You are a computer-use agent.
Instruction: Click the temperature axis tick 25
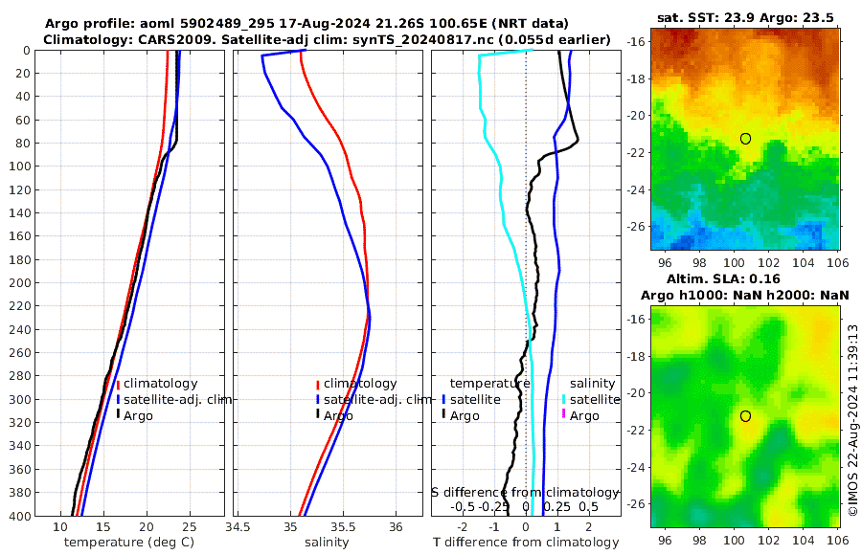(189, 527)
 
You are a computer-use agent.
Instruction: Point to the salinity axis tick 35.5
(343, 527)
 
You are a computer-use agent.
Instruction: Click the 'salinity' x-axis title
(327, 543)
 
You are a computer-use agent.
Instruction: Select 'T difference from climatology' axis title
(527, 543)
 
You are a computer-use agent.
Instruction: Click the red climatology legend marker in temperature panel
(118, 384)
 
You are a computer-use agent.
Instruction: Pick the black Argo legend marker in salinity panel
(317, 415)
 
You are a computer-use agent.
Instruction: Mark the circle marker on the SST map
(745, 139)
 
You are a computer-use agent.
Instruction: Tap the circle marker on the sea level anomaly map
(745, 416)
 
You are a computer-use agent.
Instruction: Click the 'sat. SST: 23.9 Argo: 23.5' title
(746, 17)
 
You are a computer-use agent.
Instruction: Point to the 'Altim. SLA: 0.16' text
(744, 278)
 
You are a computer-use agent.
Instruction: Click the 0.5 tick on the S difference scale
(588, 506)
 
